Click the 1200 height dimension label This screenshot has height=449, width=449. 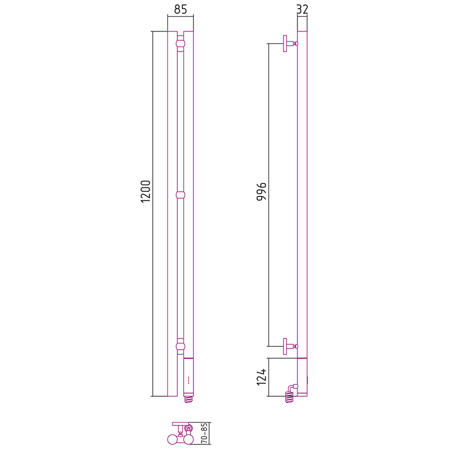[x=145, y=191]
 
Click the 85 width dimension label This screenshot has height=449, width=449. [x=180, y=10]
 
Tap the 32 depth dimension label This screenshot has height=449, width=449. [x=303, y=10]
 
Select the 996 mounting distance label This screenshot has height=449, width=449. [x=262, y=191]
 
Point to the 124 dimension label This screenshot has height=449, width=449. [x=262, y=377]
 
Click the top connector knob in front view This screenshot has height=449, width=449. [x=180, y=44]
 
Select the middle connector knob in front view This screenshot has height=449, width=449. [x=180, y=195]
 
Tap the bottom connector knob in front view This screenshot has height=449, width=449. [x=180, y=346]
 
